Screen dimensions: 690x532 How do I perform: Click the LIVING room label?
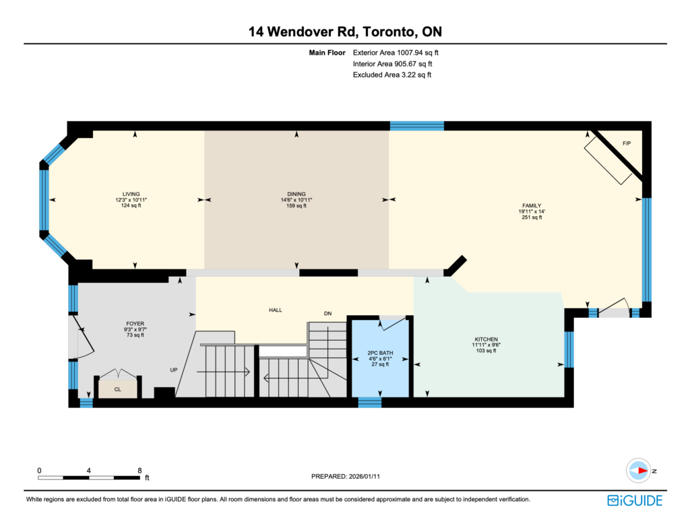131,194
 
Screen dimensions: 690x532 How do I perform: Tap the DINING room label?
296,194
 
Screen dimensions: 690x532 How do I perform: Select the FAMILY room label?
532,205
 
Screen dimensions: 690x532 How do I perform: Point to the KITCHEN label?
487,339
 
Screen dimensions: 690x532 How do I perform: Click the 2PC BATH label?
380,353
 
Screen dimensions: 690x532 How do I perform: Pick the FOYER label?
135,324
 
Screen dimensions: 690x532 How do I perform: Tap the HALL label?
276,310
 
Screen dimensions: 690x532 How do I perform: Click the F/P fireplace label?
627,143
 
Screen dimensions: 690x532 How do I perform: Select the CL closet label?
117,389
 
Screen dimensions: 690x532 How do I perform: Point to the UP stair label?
174,370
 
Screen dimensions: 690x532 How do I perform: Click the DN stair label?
328,314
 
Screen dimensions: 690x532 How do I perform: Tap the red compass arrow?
643,471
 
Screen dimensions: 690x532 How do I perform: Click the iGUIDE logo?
635,500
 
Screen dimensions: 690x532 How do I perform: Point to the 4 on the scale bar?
89,471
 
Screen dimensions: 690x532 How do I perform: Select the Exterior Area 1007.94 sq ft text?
396,53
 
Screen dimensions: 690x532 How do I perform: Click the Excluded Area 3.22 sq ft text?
392,75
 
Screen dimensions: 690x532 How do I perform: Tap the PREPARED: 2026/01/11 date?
346,476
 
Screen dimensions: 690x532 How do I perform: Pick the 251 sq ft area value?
532,218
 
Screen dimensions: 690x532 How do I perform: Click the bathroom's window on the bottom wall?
370,402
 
